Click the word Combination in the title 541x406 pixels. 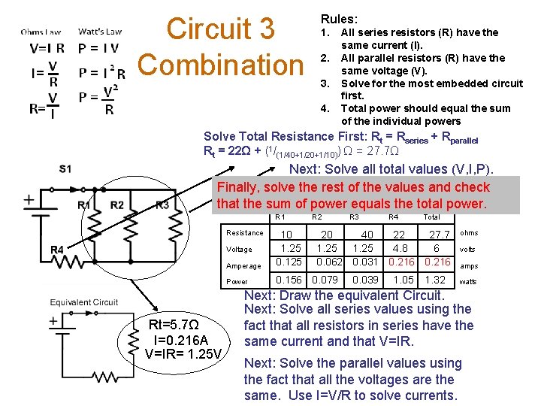[219, 65]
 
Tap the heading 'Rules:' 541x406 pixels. [339, 19]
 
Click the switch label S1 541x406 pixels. [65, 169]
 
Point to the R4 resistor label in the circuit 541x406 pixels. [57, 249]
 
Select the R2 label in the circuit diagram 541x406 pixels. [117, 205]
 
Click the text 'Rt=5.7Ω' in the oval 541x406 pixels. [174, 326]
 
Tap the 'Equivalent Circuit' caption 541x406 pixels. [84, 302]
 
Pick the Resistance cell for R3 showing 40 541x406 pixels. [367, 235]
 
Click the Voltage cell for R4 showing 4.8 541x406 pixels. [400, 248]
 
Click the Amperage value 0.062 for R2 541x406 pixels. [330, 262]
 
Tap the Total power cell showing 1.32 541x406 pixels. [435, 280]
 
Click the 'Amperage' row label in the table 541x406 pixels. [243, 266]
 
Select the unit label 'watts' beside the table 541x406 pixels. [468, 282]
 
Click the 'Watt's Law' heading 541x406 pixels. [100, 32]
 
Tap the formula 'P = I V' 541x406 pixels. [98, 49]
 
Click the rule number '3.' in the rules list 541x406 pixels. [325, 83]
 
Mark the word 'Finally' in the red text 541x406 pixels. [240, 187]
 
